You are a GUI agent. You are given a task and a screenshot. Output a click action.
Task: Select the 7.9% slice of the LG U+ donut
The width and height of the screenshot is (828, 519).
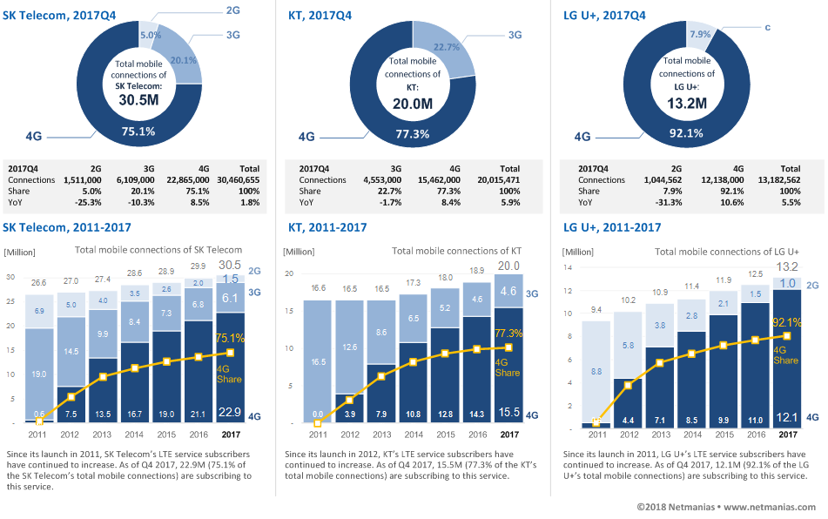700,33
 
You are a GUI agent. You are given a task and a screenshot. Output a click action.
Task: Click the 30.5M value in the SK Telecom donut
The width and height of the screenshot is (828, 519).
139,100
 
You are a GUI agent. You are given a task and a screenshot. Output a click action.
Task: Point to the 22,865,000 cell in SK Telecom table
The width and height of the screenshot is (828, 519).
188,180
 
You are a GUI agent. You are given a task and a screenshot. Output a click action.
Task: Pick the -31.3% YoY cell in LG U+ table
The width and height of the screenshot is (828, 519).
669,202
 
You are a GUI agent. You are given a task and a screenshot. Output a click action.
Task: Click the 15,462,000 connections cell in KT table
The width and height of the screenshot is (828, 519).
439,180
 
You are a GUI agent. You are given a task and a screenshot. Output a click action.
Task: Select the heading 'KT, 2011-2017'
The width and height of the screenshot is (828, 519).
327,227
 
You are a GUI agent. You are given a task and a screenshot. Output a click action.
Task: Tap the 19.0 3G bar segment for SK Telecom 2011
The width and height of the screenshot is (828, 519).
39,374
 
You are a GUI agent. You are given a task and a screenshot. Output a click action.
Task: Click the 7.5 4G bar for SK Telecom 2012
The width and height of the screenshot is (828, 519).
71,404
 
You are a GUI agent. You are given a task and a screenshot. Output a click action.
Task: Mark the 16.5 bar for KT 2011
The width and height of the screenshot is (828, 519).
318,361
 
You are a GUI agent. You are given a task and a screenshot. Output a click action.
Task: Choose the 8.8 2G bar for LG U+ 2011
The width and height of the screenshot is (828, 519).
596,372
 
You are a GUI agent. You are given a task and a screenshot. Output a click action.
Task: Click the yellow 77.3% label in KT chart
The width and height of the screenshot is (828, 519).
508,334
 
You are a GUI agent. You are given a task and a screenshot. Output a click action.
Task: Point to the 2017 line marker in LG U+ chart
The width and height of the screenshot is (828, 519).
787,336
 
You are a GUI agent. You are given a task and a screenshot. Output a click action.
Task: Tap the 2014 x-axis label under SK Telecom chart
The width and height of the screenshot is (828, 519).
134,435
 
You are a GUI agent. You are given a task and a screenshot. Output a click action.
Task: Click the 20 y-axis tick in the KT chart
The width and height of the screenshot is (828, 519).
289,273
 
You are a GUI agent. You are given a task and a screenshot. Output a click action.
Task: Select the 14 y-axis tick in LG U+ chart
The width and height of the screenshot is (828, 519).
568,267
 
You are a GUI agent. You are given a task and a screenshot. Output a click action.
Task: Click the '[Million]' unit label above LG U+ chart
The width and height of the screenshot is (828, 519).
578,252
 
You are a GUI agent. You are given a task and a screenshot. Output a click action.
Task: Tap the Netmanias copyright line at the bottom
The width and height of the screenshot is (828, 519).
726,507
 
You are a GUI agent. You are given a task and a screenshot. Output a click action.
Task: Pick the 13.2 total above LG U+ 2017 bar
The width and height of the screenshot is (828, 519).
787,266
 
